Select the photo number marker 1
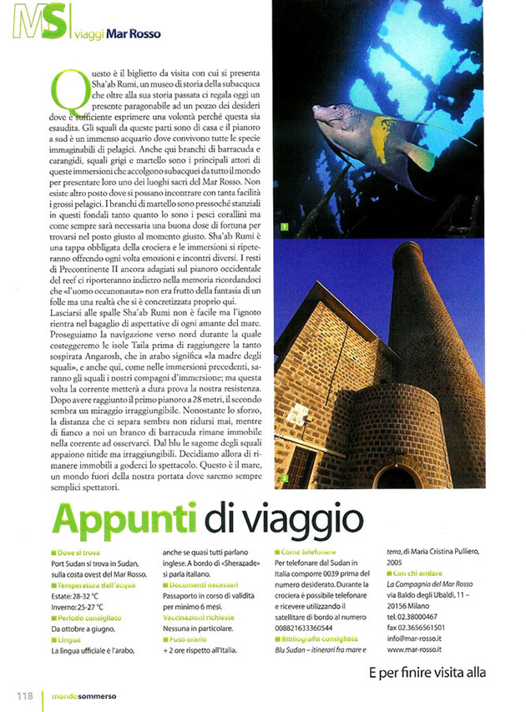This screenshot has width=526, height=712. tap(285, 226)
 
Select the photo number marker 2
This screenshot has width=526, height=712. tap(285, 478)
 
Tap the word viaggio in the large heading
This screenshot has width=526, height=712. tap(272, 520)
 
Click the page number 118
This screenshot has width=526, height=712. tap(23, 694)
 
